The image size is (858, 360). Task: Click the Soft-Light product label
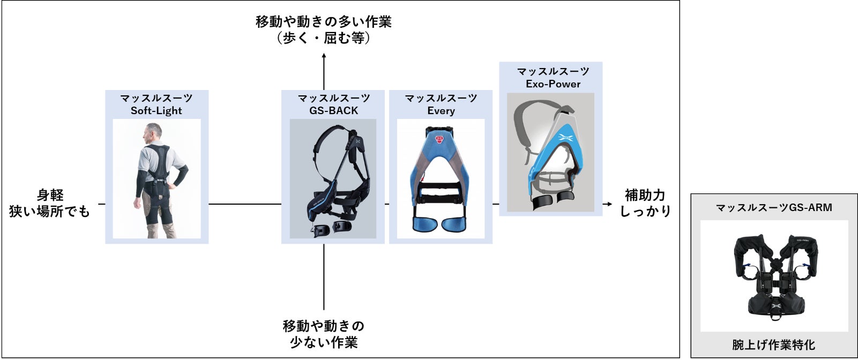point(156,110)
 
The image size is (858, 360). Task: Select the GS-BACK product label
point(333,110)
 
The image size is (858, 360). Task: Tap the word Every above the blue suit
point(441,110)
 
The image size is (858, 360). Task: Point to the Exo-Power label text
point(553,84)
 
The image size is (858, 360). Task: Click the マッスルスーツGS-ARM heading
point(774,208)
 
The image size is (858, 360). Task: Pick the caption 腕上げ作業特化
point(774,344)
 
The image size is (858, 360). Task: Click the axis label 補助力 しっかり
point(645,203)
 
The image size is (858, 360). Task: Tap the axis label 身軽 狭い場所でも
point(49,203)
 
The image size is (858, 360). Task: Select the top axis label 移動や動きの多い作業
point(324,22)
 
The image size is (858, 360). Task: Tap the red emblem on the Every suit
point(441,140)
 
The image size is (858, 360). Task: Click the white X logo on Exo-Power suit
point(565,138)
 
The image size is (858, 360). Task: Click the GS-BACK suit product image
point(333,179)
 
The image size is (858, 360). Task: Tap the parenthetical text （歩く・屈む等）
point(324,38)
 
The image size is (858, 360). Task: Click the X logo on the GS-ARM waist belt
point(777,306)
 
